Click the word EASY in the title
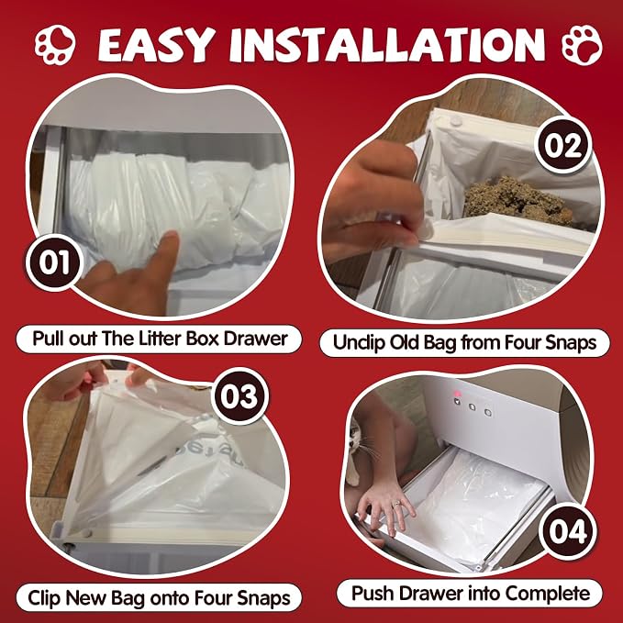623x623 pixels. coord(154,44)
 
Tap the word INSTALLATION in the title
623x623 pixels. coord(387,44)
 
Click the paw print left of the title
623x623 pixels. coord(55,44)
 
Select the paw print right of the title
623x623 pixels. coord(582,45)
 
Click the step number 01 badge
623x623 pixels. coord(53,262)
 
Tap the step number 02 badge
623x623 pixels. coord(562,145)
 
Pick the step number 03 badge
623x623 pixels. coord(239,396)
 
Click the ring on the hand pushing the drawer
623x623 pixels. coord(396,505)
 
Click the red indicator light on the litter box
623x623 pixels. coord(457,394)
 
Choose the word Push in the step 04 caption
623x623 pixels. coord(373,594)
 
